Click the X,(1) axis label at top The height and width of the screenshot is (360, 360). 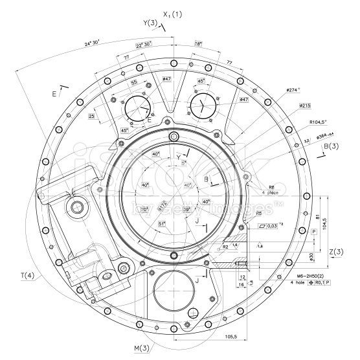coord(173,14)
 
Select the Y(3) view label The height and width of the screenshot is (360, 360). coord(150,23)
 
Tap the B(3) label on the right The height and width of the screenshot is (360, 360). coord(331,146)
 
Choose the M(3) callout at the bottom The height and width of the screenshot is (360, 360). coord(142,348)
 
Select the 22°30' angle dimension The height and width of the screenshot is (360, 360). coord(144,45)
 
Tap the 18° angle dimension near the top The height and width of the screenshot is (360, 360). coord(199,45)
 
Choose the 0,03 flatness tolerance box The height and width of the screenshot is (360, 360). coord(273,226)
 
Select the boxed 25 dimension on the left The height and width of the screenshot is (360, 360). coord(92,116)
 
